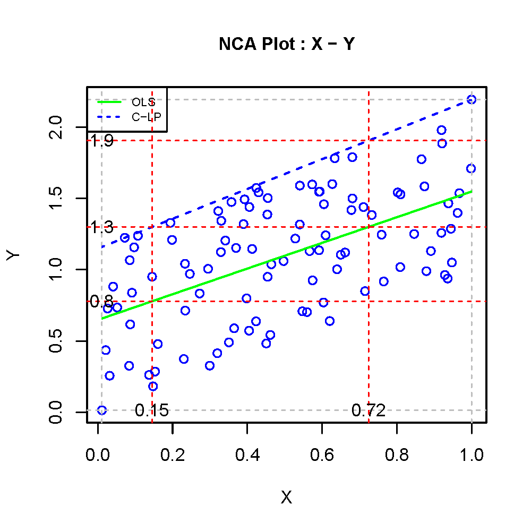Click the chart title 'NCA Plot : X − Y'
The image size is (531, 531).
click(286, 45)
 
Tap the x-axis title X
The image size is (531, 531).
click(286, 498)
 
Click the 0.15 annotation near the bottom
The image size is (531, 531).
click(151, 410)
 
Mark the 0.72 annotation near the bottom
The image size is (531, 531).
click(368, 410)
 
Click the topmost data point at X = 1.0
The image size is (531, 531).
click(471, 99)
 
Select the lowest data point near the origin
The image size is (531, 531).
click(102, 410)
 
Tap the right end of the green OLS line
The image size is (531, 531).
click(472, 191)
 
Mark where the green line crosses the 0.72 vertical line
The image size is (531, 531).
click(369, 227)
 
